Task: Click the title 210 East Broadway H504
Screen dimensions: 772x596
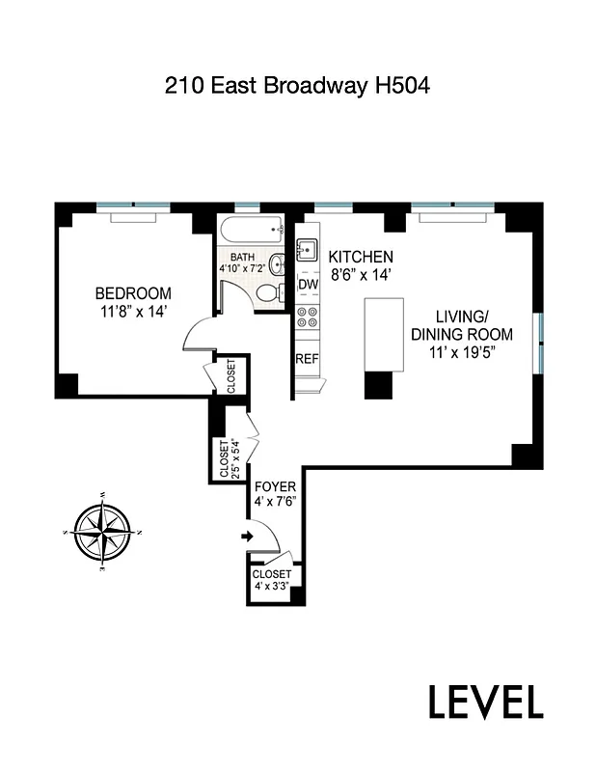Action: [297, 86]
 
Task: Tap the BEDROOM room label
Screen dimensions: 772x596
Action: [132, 293]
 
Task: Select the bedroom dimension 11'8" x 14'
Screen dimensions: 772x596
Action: [132, 312]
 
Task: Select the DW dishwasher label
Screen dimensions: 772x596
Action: [308, 285]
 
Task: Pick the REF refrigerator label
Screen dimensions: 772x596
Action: [307, 359]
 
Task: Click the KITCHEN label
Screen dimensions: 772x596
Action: [361, 257]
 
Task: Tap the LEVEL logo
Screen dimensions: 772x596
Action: [485, 702]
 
